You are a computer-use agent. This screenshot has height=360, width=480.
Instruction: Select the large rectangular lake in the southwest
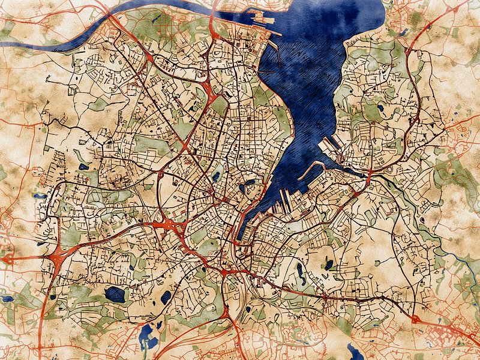pos(114,294)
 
